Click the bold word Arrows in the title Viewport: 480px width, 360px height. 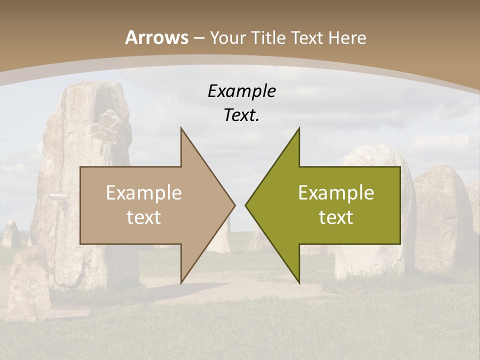click(x=156, y=37)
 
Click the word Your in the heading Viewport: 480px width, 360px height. click(x=227, y=38)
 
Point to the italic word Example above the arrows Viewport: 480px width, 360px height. click(x=241, y=91)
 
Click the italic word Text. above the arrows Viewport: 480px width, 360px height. click(x=241, y=115)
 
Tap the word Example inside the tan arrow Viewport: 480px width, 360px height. click(x=143, y=192)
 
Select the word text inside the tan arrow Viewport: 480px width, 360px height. click(x=143, y=217)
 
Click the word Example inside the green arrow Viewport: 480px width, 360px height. click(x=336, y=192)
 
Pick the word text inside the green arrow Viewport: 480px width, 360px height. click(x=336, y=217)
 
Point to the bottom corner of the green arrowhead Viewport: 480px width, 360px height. click(x=299, y=282)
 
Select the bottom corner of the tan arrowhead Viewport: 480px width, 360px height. click(x=181, y=282)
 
